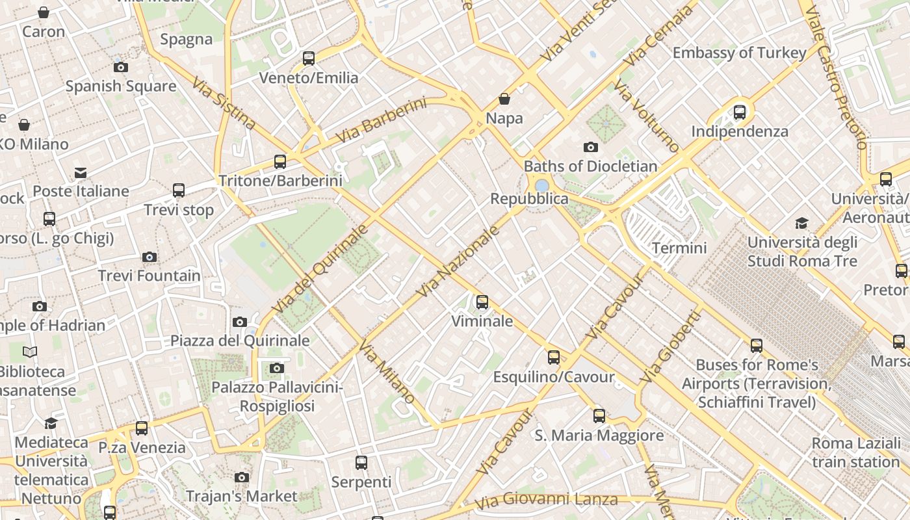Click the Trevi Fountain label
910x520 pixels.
click(x=149, y=276)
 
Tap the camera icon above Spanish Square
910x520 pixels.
click(x=120, y=67)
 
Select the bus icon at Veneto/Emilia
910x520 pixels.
click(x=309, y=58)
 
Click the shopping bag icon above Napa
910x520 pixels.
click(x=504, y=99)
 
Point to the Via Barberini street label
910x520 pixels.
click(x=381, y=120)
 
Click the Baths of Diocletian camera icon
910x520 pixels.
click(x=590, y=148)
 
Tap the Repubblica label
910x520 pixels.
click(x=529, y=199)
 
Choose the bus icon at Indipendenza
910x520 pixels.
click(x=740, y=112)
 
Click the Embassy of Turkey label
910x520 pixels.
click(x=740, y=53)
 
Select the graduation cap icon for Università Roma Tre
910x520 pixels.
click(x=802, y=224)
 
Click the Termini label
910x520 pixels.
click(x=679, y=248)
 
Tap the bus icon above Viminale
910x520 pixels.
click(x=482, y=302)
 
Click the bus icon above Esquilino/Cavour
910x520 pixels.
click(x=554, y=357)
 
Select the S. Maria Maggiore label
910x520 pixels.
click(x=599, y=435)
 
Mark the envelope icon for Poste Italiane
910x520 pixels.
click(x=81, y=173)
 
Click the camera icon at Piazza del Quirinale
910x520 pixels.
click(x=240, y=322)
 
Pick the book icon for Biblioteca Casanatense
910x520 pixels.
click(x=30, y=352)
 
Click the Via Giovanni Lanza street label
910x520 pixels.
click(x=546, y=501)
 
